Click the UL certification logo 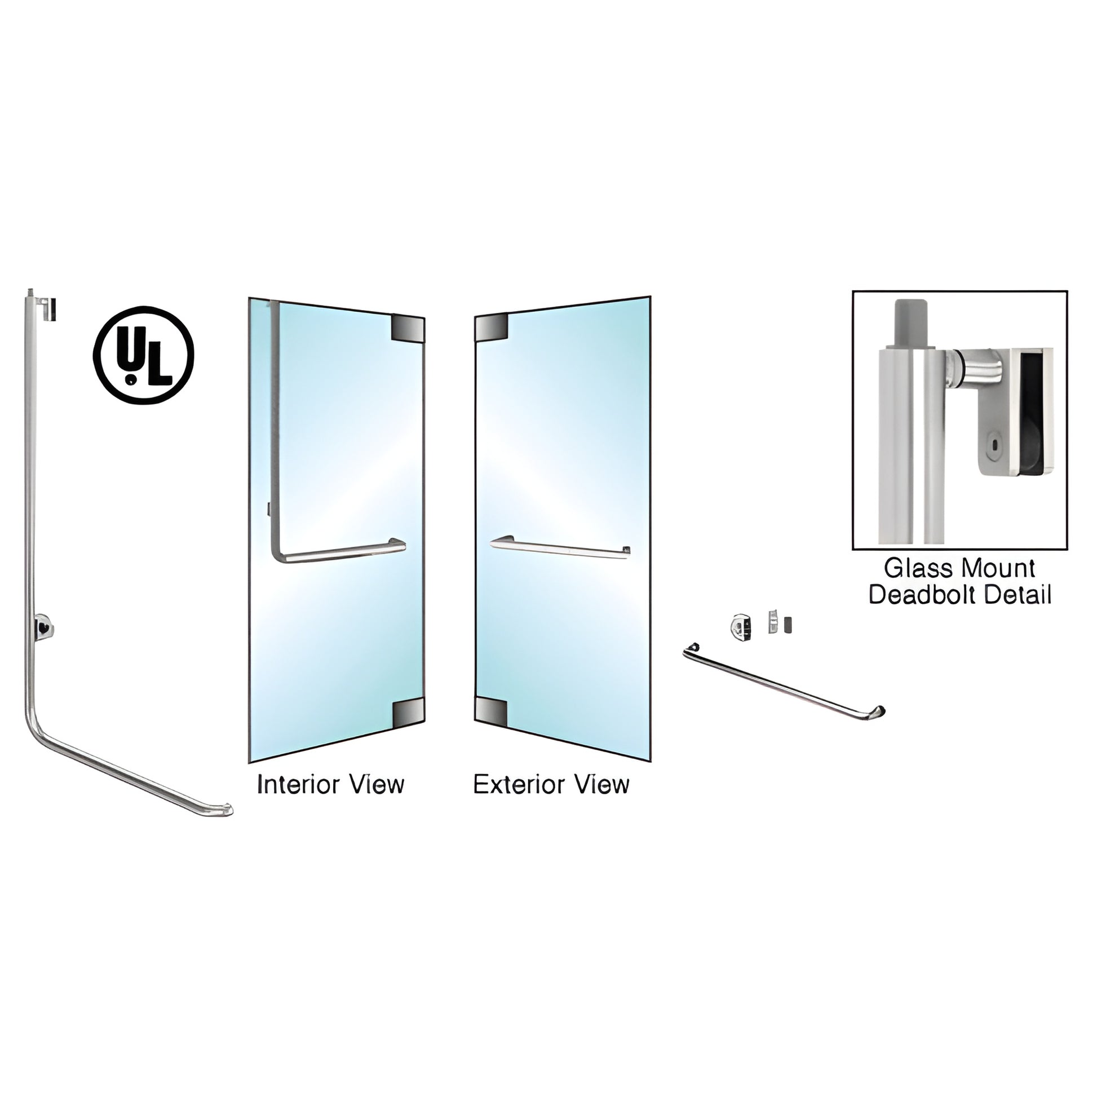coord(144,356)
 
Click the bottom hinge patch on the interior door coord(408,713)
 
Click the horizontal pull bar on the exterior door coord(560,547)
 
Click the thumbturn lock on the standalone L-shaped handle coord(43,626)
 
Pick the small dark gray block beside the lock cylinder coord(788,625)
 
